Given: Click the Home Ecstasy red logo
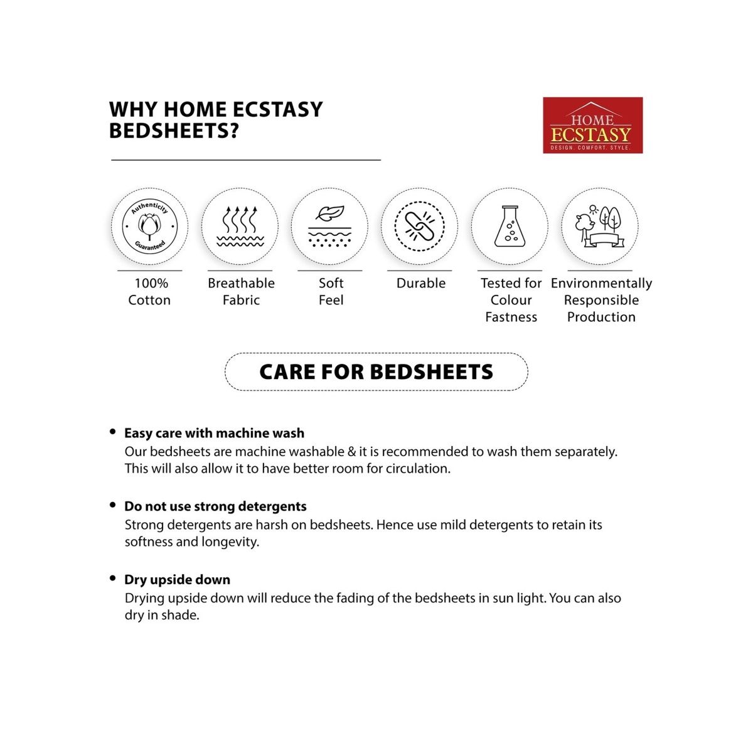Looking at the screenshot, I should (592, 125).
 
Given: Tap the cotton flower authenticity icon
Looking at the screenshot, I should (149, 226).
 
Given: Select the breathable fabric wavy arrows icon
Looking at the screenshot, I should (240, 226).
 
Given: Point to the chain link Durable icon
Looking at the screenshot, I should (419, 226).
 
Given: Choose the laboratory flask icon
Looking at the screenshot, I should (509, 226).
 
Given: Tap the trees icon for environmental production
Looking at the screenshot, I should (599, 226).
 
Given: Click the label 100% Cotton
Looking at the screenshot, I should (149, 292).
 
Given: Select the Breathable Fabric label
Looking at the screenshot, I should (241, 292).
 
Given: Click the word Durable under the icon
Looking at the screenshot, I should (421, 284).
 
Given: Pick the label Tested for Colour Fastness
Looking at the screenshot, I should (511, 300).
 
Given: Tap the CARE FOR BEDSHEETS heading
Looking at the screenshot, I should (376, 372).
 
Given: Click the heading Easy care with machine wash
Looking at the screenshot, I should (214, 433).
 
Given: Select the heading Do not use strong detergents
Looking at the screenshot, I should (215, 506).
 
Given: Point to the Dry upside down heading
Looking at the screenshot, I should (177, 580).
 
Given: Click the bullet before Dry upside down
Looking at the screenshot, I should (113, 579).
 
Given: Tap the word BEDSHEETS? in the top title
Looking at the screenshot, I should (174, 131).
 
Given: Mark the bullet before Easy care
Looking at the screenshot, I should (113, 432).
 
